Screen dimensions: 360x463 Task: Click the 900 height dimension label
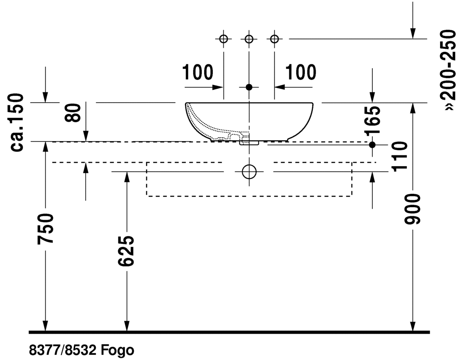coord(414,209)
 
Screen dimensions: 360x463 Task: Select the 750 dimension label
coord(46,227)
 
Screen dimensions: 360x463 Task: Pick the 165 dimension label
coord(372,121)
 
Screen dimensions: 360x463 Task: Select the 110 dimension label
coord(400,156)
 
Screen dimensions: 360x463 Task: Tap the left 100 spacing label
coord(197,73)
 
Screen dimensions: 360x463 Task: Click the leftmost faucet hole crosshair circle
coord(223,39)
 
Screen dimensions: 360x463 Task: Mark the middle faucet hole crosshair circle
coord(249,39)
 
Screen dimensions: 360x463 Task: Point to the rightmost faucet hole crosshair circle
coord(274,39)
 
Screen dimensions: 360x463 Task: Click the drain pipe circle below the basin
coord(249,171)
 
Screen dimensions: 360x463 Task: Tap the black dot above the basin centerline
coord(249,87)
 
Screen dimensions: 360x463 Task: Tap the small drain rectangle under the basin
coord(250,142)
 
